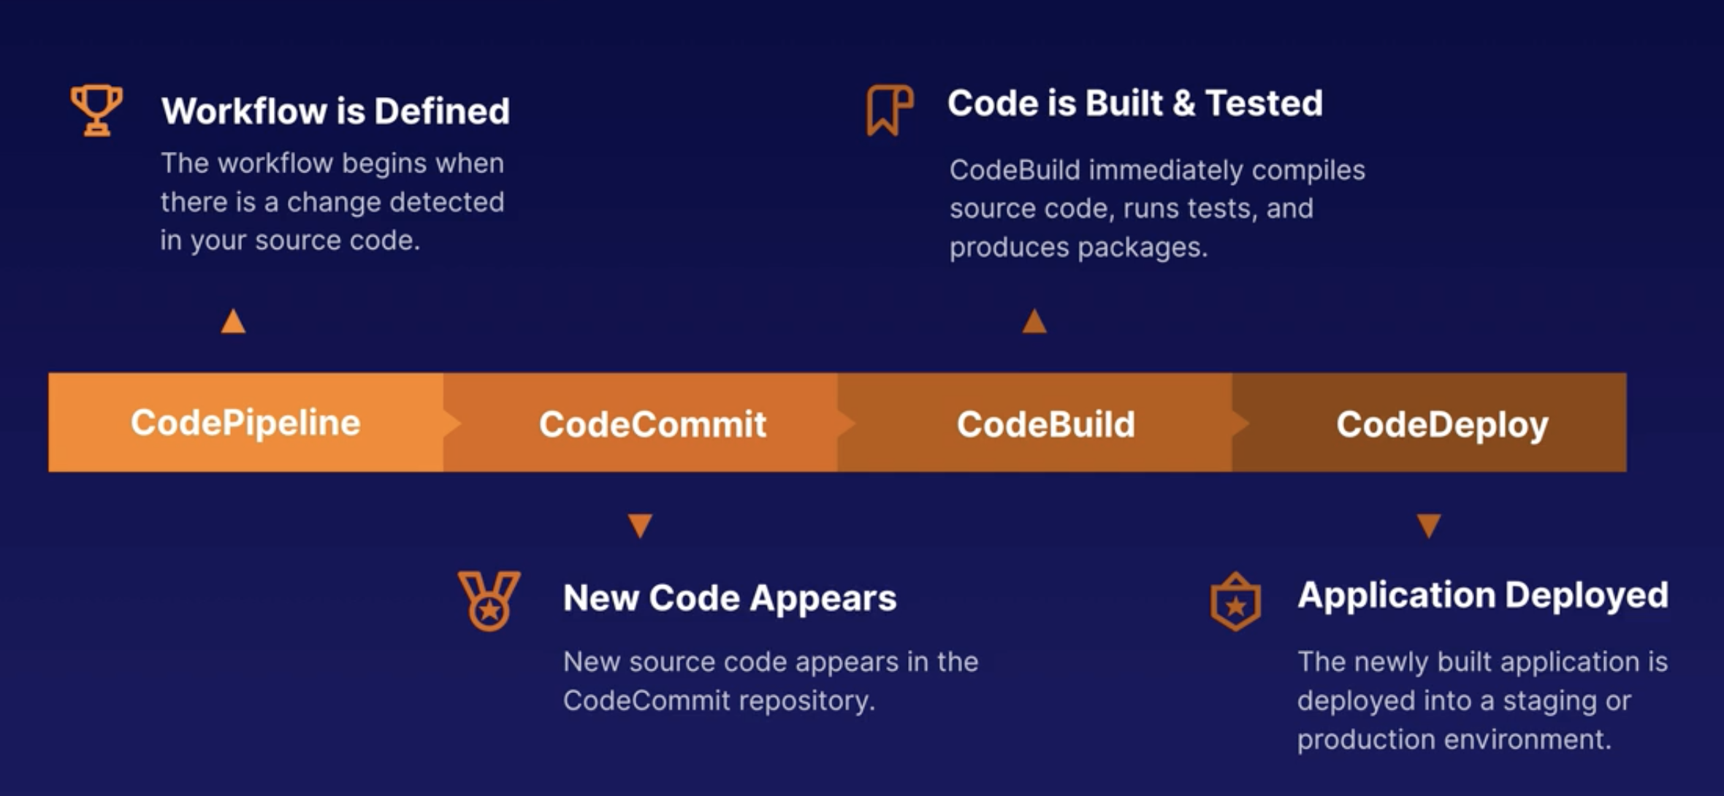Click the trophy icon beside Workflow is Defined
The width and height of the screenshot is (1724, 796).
[96, 110]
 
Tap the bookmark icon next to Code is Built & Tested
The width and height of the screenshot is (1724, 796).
[890, 110]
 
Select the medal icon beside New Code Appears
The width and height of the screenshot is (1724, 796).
[489, 601]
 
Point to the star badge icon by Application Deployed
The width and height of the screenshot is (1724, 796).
[1235, 601]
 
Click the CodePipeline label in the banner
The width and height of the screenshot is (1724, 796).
[245, 423]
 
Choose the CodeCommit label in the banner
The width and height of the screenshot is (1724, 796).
[652, 424]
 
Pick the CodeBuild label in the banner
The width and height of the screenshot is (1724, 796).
[1046, 424]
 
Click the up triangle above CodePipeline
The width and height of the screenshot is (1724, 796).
[233, 321]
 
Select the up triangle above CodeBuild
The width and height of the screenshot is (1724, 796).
[1034, 321]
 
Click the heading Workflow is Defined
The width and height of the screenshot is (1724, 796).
[335, 111]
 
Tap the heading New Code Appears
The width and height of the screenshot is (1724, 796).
[730, 599]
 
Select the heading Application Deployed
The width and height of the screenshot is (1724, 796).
[1483, 596]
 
